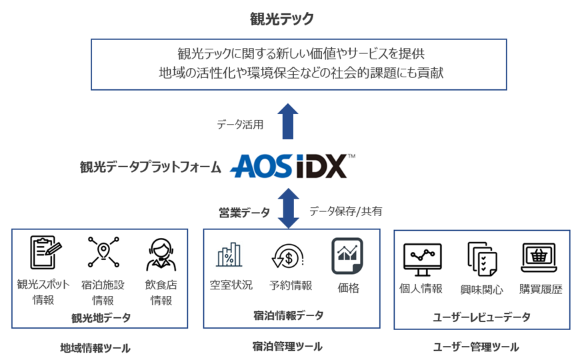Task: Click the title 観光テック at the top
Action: (281, 19)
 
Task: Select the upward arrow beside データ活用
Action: (287, 121)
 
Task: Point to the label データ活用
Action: (240, 124)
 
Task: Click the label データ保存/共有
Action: (345, 211)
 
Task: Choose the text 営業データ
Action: (245, 213)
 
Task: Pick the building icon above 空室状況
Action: (229, 255)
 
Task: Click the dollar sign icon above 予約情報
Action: (287, 255)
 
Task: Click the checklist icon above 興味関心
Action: (481, 259)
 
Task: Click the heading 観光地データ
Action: (101, 317)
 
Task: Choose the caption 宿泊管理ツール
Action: (287, 346)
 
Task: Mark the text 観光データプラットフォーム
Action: (150, 167)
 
